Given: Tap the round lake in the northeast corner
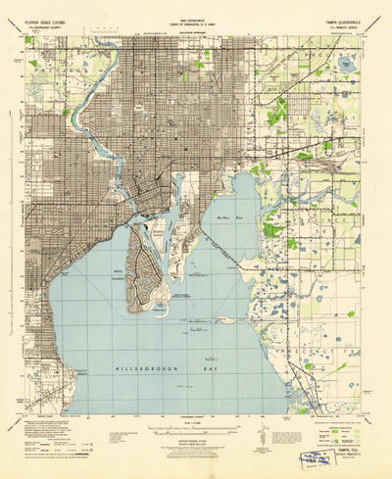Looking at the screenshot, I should click(x=344, y=65).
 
